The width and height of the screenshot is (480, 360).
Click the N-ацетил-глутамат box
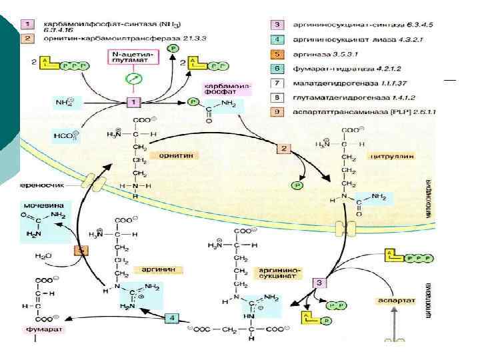click(133, 57)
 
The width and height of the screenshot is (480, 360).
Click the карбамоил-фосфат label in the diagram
click(223, 89)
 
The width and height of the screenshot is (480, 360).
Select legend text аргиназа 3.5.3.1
click(329, 52)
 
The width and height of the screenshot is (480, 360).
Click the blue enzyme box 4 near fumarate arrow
click(172, 318)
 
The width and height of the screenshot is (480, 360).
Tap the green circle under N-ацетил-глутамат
click(134, 79)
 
